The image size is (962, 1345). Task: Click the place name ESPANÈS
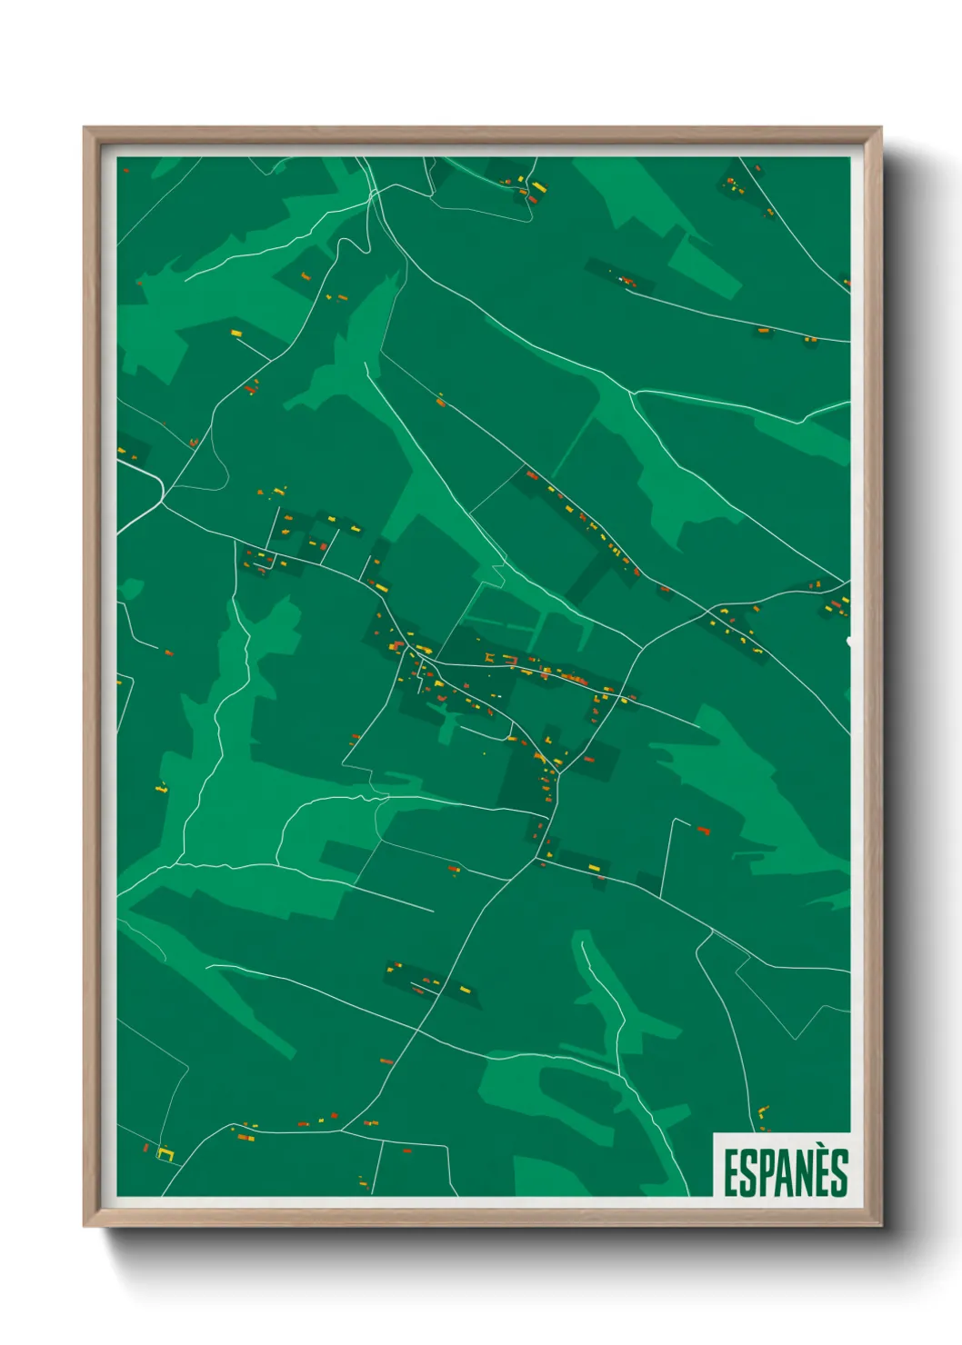786,1172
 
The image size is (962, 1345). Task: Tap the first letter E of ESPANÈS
730,1173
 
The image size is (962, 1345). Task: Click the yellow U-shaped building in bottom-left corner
165,1154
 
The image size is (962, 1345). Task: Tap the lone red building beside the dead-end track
702,830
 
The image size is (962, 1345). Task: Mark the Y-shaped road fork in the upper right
631,394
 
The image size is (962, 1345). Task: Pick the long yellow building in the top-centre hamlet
538,187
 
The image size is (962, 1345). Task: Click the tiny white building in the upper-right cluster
621,278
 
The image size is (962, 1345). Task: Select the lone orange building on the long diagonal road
441,401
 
